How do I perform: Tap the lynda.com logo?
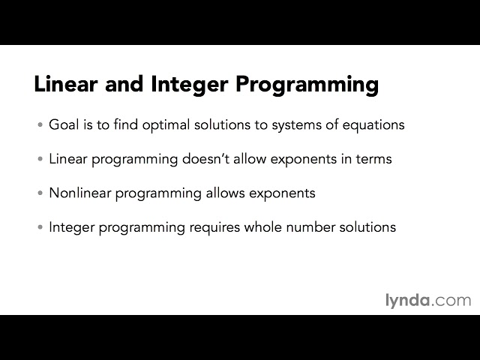coord(427,300)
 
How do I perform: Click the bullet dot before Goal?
coord(40,125)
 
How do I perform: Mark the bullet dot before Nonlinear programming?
coord(40,193)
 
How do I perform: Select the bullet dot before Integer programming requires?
coord(40,227)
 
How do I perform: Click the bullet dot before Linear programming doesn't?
coord(40,160)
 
